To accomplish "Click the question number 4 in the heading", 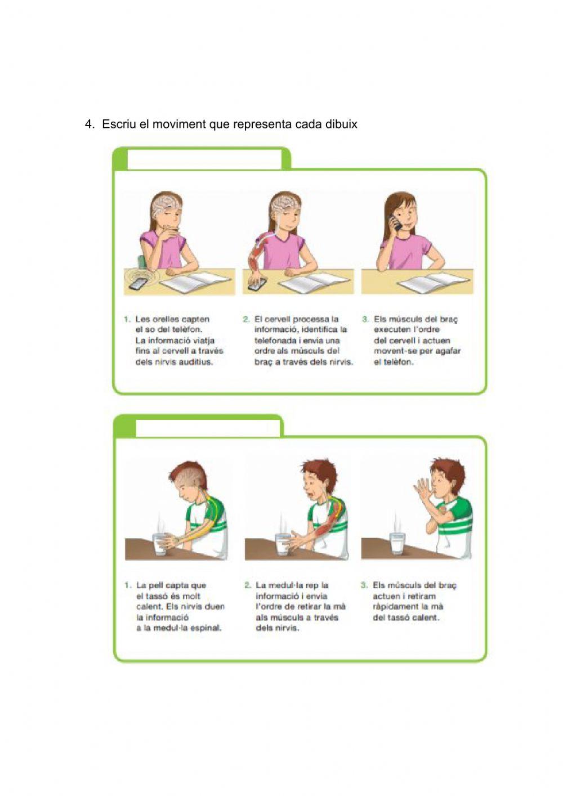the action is coord(89,124).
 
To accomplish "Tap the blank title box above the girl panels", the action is coord(204,159).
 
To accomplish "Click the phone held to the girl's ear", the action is coord(395,221).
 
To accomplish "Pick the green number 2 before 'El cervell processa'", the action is coord(246,319).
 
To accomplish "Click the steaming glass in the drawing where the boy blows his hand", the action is coord(397,542).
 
